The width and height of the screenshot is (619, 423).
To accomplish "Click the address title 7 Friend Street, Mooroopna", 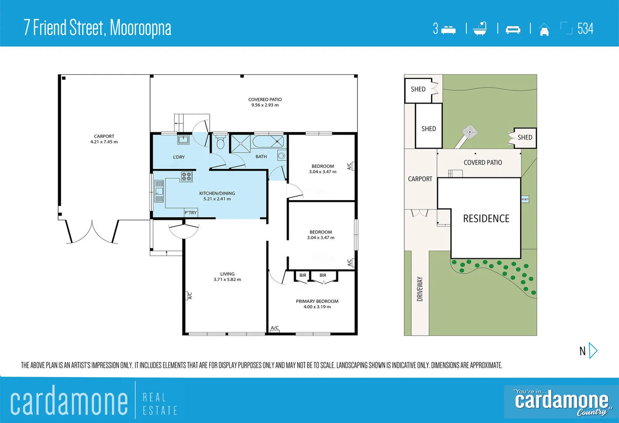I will [x=97, y=28].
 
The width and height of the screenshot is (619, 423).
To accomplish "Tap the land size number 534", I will [x=585, y=28].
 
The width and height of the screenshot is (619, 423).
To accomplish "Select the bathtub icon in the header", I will [x=480, y=28].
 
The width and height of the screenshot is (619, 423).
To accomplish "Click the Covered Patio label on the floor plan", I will [x=265, y=99].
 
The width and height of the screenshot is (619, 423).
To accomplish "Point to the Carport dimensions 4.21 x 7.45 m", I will [x=104, y=142].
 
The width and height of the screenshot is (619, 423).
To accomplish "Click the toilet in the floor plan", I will [x=220, y=142].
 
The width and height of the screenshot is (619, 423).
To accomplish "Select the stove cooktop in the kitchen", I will [x=187, y=177].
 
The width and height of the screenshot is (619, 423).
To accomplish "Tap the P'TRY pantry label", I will [x=191, y=213].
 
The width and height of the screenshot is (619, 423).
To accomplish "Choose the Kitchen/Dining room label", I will [x=217, y=193].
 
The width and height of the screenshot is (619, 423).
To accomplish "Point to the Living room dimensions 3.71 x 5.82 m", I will [x=227, y=279].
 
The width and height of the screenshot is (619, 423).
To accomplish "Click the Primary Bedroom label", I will [x=317, y=301].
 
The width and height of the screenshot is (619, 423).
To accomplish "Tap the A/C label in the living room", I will [x=190, y=295].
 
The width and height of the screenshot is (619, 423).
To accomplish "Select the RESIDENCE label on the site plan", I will [x=486, y=218].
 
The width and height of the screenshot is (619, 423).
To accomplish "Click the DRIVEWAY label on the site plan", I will [x=420, y=289].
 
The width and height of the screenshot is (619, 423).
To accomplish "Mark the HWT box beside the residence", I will [x=525, y=199].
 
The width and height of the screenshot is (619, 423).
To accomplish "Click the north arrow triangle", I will [x=593, y=351].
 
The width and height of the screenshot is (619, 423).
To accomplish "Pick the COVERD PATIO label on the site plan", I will [x=483, y=163].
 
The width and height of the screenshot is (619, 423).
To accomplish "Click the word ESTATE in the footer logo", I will [x=160, y=411].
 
